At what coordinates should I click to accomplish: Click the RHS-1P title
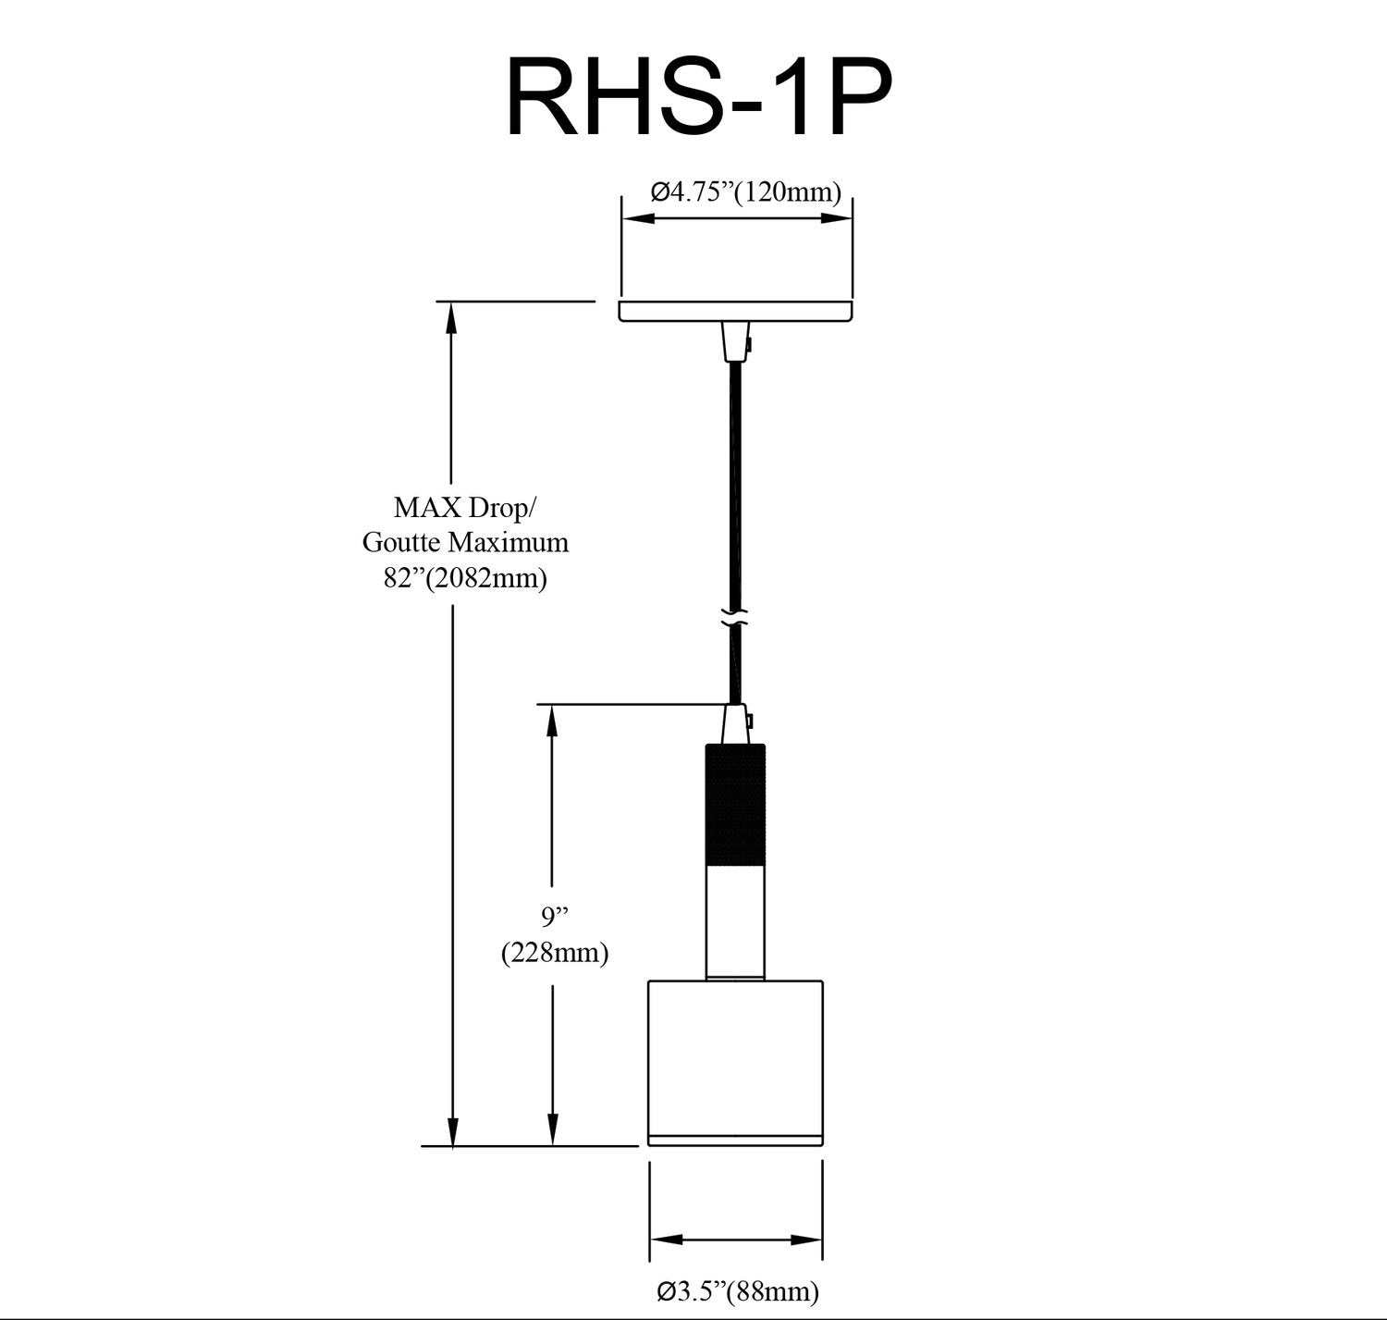699,97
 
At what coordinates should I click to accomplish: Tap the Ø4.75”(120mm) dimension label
745,192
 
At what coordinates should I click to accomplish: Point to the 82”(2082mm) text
465,578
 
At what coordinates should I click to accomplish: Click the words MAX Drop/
464,508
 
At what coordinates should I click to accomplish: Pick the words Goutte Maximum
465,542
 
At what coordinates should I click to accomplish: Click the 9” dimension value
554,917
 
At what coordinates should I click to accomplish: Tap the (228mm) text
555,952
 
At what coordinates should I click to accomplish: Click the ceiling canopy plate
735,311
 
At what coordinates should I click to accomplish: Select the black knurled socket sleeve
735,805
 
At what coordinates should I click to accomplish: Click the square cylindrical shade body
735,1055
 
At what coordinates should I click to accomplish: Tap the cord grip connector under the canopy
735,342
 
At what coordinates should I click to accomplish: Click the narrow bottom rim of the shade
735,1139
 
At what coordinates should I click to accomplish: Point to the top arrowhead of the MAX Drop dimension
452,315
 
